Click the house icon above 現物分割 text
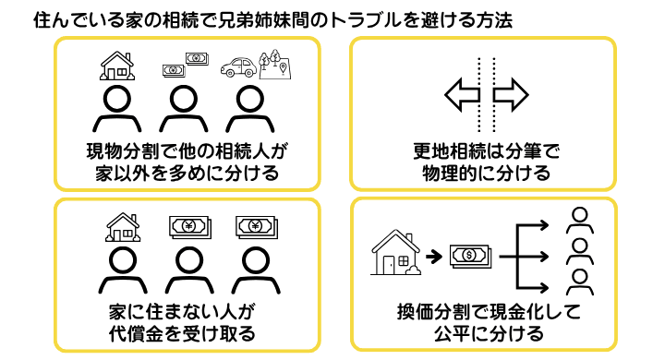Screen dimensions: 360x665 coord(116,65)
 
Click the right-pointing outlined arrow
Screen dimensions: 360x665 coord(510,94)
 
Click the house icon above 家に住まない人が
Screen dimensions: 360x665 coord(124,225)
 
